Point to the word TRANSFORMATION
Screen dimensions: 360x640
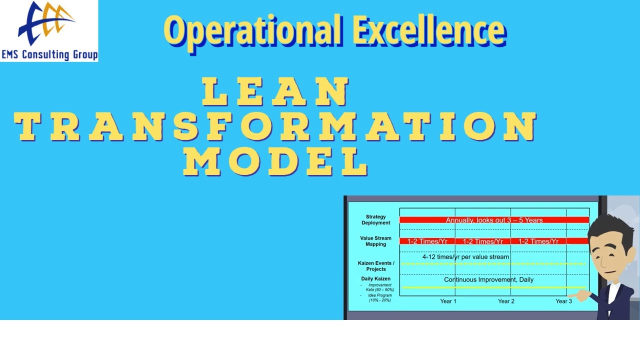[275, 127]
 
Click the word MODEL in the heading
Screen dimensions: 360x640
[275, 162]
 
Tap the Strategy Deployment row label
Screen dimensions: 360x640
[375, 220]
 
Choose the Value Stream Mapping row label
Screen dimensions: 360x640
[375, 241]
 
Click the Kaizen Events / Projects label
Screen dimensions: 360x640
[376, 266]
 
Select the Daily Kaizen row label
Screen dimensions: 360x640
[376, 278]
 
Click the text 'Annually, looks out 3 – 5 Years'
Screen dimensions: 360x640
[494, 220]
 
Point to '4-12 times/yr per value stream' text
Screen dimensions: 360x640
[465, 257]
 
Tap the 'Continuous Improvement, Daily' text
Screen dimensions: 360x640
[488, 279]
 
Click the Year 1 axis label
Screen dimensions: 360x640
[448, 301]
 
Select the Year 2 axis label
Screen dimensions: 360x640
[506, 301]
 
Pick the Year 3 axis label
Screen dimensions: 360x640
[564, 301]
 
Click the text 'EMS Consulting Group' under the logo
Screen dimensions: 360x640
[49, 54]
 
